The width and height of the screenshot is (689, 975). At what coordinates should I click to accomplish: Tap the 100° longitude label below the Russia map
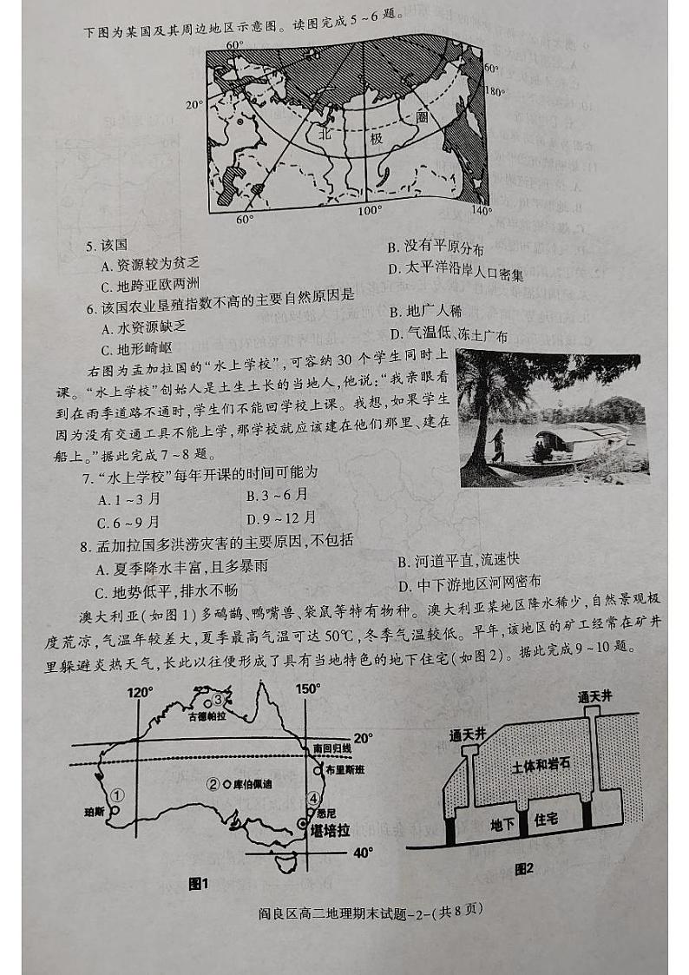[371, 209]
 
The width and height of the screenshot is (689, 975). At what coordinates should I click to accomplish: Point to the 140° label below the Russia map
[480, 209]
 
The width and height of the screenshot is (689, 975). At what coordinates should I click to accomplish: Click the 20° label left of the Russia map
[194, 105]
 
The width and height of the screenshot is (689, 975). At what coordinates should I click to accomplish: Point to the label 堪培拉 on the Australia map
[329, 831]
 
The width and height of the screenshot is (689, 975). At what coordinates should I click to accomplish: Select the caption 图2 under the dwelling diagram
[522, 868]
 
